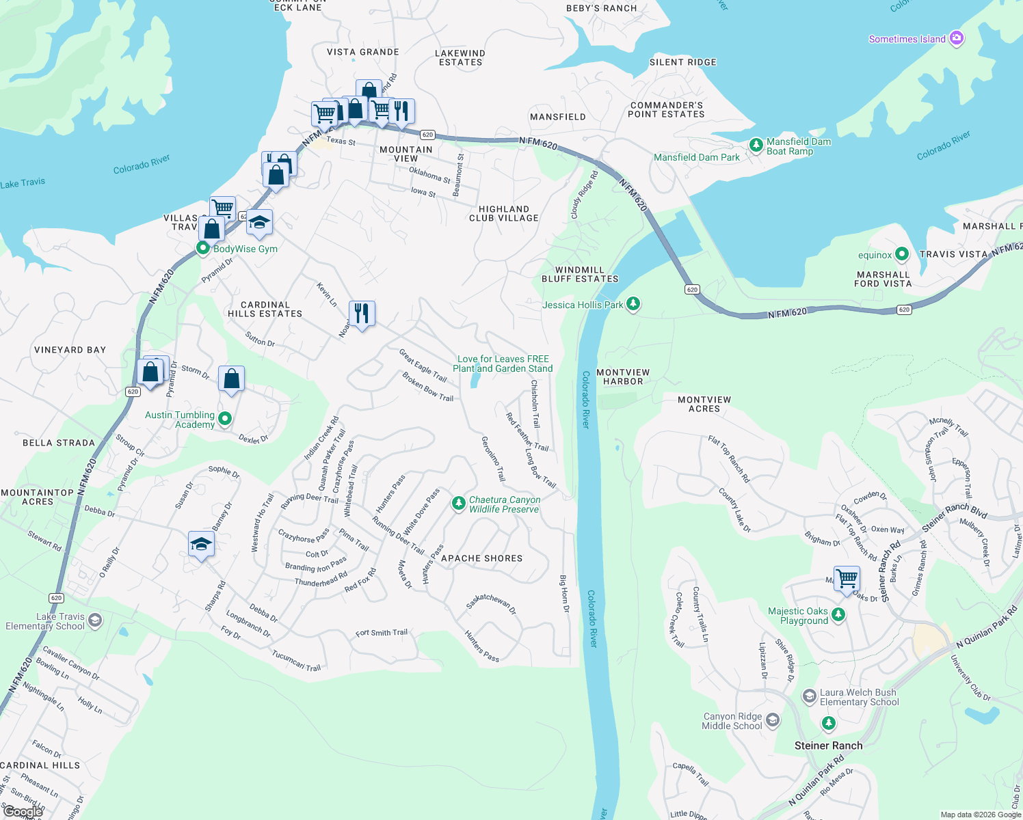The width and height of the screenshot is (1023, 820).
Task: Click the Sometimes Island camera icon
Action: click(x=957, y=38)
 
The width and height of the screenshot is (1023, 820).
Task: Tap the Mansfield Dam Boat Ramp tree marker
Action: click(x=756, y=145)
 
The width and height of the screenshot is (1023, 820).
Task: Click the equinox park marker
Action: click(x=901, y=254)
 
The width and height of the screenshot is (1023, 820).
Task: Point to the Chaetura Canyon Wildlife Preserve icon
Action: click(x=458, y=504)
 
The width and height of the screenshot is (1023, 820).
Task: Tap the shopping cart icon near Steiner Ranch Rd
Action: click(x=847, y=578)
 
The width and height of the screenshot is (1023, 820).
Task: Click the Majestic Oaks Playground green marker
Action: click(x=838, y=615)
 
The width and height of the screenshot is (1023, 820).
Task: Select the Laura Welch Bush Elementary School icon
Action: click(x=810, y=696)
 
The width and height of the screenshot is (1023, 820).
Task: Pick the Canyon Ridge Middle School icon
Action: click(x=772, y=720)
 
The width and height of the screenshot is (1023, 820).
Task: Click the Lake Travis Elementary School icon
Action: click(x=95, y=620)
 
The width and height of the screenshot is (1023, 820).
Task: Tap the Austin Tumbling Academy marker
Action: click(x=225, y=419)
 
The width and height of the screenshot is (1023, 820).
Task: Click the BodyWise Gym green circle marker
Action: click(x=202, y=248)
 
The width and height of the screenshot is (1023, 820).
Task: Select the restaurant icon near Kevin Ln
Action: click(x=362, y=313)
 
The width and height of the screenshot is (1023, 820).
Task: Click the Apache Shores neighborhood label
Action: click(x=481, y=558)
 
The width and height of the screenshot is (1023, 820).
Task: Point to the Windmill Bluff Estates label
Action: click(x=580, y=274)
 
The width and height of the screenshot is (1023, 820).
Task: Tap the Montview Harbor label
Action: click(x=623, y=377)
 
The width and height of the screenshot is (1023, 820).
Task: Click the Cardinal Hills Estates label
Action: click(x=265, y=309)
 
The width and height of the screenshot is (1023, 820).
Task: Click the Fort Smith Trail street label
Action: click(x=381, y=633)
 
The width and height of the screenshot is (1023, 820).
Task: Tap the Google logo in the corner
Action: click(x=23, y=812)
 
